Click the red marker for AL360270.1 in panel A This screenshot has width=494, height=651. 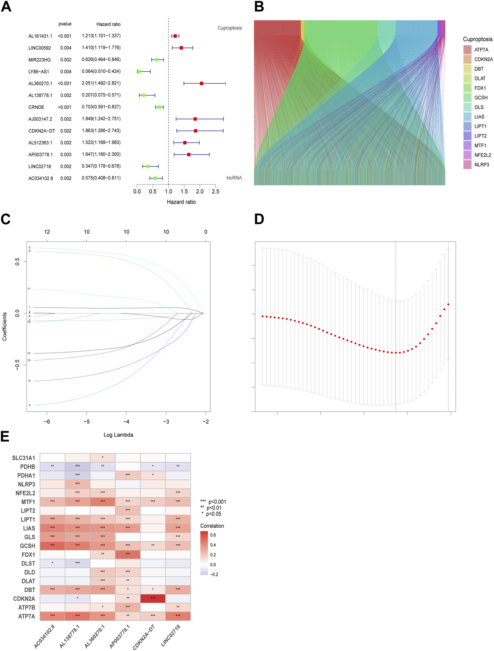(x=201, y=83)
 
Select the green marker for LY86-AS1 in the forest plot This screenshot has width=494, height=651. (x=139, y=72)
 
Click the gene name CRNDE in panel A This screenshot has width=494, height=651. (x=36, y=107)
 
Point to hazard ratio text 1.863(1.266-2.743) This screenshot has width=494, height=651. (x=101, y=131)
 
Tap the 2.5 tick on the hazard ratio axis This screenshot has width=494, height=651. (x=215, y=191)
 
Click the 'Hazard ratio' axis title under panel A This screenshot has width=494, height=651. (x=181, y=202)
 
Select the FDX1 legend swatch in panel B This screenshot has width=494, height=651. (x=468, y=88)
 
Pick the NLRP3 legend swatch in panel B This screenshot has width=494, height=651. (x=468, y=165)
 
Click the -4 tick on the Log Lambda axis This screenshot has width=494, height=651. (x=126, y=421)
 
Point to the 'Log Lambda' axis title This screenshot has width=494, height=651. (x=118, y=435)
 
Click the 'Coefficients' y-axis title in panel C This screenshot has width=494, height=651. (x=5, y=326)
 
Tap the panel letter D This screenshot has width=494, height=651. (x=259, y=219)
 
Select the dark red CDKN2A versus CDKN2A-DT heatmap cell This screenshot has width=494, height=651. (x=153, y=598)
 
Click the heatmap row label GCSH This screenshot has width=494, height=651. (x=28, y=546)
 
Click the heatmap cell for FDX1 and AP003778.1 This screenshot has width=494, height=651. (x=128, y=555)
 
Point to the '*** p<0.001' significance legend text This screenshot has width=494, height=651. (x=213, y=502)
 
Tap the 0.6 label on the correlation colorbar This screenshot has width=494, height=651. (x=213, y=535)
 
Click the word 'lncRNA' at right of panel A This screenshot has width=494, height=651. (x=234, y=178)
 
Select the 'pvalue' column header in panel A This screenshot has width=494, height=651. (x=65, y=24)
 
